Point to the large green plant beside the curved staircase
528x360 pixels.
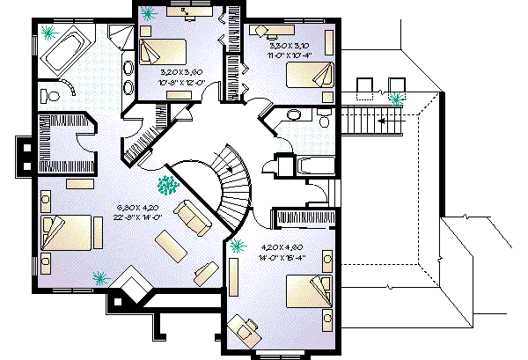coord(165,185)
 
